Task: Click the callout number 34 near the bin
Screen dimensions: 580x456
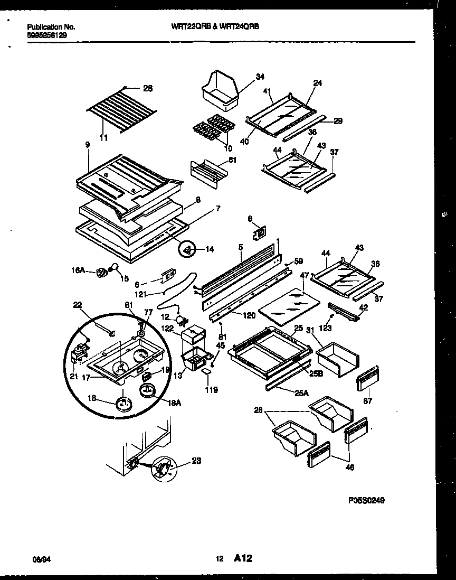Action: point(260,77)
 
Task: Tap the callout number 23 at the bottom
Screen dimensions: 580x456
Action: point(196,461)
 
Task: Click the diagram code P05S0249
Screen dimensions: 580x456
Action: point(366,500)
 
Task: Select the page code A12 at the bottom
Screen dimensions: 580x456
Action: point(243,559)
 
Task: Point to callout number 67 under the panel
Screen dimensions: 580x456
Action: point(368,401)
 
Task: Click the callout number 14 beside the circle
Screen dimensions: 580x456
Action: point(210,249)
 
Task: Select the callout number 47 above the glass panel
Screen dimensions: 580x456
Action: point(305,276)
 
